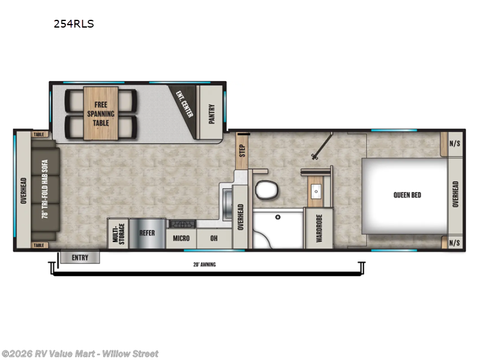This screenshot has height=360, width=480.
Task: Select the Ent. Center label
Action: pos(184,104)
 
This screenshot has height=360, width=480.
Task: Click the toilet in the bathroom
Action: pos(265,191)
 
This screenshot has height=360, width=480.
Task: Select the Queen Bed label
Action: pos(407,194)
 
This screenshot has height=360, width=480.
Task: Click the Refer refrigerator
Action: pos(148,232)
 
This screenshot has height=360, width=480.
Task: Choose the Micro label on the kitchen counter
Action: pos(181,238)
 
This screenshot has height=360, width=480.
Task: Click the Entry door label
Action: pos(80,258)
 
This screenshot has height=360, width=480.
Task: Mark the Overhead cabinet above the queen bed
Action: pos(455,194)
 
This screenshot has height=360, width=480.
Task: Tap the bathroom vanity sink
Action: pos(316,192)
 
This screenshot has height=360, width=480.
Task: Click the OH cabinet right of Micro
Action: pos(214,238)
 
